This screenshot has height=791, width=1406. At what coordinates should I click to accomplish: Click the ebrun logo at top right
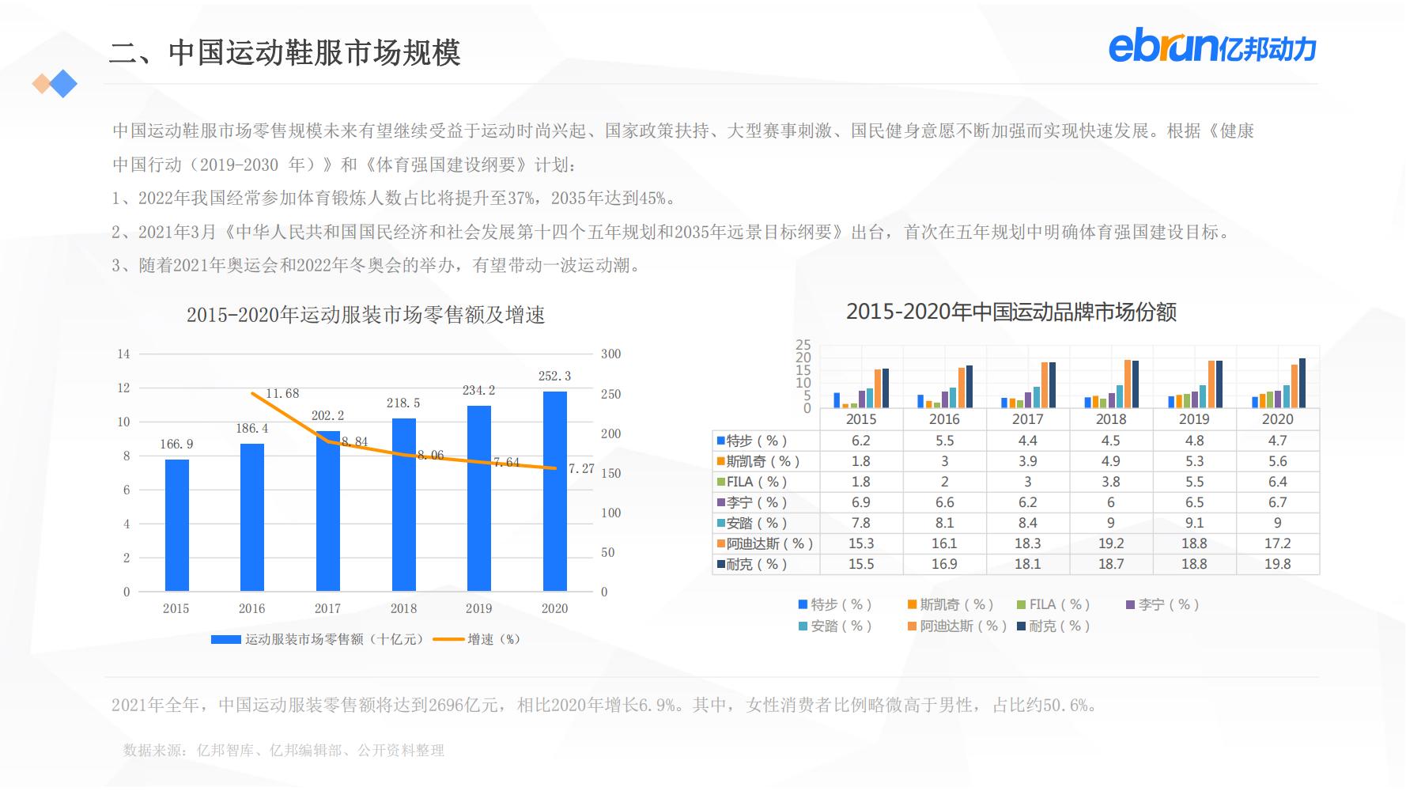click(x=1211, y=47)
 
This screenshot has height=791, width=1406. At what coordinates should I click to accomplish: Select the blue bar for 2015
click(x=177, y=525)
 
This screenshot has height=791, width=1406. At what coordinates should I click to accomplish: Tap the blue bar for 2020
click(x=554, y=491)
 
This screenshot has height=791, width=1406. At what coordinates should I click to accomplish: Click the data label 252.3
click(x=554, y=377)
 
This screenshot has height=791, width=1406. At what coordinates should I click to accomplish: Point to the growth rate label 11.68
click(x=282, y=393)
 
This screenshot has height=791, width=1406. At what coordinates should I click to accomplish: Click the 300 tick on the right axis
click(x=610, y=354)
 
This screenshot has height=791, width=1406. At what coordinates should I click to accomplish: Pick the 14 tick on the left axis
click(x=123, y=354)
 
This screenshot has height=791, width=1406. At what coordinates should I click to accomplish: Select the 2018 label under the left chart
click(x=403, y=608)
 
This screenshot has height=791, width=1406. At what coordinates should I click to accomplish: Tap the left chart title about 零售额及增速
click(x=365, y=315)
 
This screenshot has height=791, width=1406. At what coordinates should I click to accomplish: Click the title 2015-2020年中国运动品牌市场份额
click(x=1011, y=312)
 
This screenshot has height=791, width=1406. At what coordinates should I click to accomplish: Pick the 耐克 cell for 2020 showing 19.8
click(x=1277, y=564)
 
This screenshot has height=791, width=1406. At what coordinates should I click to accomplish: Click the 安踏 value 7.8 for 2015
click(x=860, y=523)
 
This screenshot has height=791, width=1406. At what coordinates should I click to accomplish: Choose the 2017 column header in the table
click(x=1027, y=419)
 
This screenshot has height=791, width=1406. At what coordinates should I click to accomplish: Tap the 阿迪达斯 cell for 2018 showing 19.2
click(x=1110, y=543)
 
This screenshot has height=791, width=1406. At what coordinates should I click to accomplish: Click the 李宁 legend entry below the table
click(x=1162, y=604)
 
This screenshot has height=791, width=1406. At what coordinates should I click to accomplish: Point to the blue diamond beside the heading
click(x=63, y=84)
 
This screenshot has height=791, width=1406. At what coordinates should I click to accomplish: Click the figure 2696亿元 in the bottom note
click(x=462, y=705)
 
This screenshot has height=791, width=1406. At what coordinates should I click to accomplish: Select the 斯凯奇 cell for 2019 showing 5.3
click(x=1194, y=461)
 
